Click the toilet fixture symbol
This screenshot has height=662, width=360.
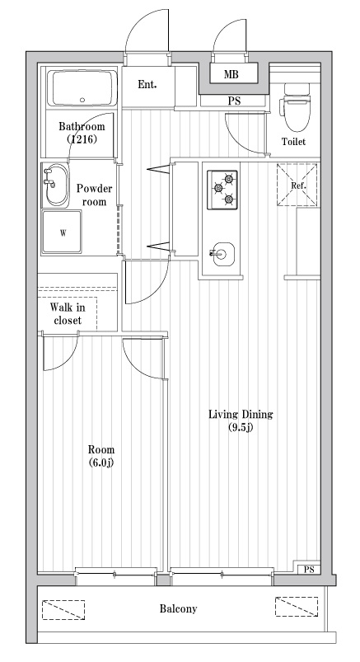tap(297, 106)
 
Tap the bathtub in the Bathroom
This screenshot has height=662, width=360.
tap(82, 88)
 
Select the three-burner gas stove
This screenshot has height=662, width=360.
tap(222, 190)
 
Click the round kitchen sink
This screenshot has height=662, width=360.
tap(223, 254)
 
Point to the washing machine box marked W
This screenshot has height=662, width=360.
tap(62, 232)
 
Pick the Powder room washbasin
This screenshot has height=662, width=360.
tap(55, 185)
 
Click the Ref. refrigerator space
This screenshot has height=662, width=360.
tap(297, 185)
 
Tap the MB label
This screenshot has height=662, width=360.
tap(231, 75)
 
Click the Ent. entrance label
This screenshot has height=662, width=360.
tap(147, 84)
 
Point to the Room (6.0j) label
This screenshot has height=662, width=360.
tap(101, 456)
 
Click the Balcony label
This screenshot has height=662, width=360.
tap(178, 608)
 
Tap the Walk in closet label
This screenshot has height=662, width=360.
tap(68, 313)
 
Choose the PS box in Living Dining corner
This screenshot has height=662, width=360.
tap(308, 570)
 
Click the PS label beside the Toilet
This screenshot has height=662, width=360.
tap(234, 101)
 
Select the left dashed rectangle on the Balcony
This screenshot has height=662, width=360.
tap(63, 609)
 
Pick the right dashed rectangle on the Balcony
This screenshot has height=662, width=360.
tap(297, 606)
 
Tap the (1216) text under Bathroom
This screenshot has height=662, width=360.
tap(82, 139)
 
